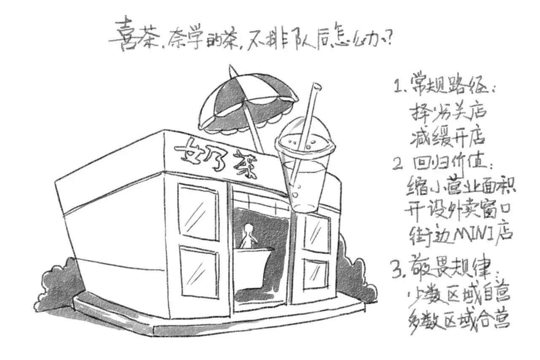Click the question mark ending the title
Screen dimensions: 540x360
tap(389, 41)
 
